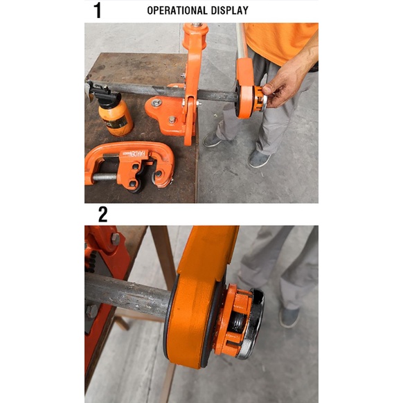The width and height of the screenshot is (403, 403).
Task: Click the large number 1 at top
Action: point(98,10)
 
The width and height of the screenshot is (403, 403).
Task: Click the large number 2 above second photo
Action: point(102,215)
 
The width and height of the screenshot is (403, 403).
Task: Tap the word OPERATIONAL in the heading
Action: point(177,10)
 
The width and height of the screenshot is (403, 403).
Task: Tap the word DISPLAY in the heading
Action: point(229,10)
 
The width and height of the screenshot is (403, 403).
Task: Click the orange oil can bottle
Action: point(116,117)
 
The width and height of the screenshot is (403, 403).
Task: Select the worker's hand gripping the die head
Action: point(282,87)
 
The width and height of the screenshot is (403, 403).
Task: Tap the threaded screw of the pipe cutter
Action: point(105,177)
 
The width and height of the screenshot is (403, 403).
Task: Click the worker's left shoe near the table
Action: point(213,140)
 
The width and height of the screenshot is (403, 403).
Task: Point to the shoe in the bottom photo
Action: point(289,318)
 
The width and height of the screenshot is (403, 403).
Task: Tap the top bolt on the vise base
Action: point(156,102)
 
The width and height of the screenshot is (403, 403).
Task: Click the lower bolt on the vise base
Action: point(172,120)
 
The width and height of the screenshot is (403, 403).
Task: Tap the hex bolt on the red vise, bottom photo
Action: point(115,239)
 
